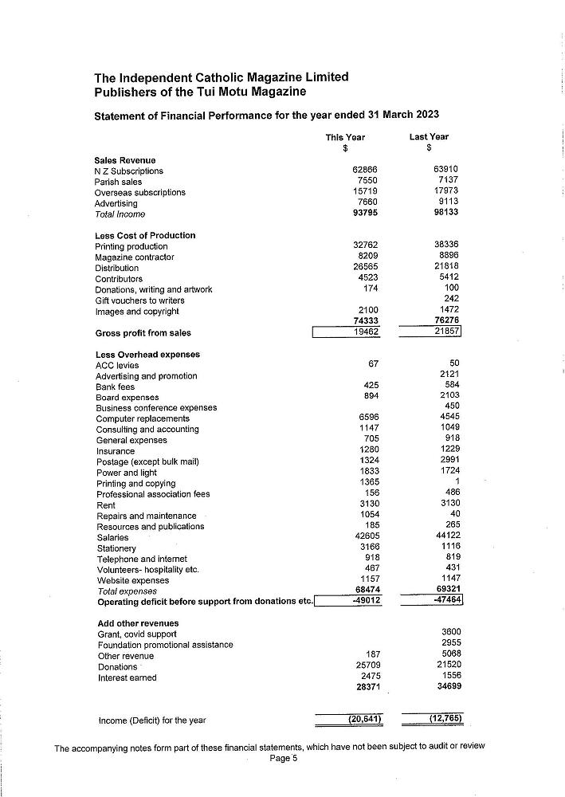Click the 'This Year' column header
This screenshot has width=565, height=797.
point(345,137)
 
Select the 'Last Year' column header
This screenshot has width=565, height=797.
point(429,137)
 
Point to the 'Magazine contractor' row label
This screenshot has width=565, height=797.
point(134,257)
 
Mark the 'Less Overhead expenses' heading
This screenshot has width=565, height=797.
point(147,355)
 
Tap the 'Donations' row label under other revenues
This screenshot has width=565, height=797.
point(117,667)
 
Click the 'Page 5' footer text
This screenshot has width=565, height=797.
point(283,759)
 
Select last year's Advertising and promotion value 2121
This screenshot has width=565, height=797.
point(449,375)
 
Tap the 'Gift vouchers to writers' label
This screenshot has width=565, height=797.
point(139,300)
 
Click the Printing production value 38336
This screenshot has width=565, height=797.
point(445,246)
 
